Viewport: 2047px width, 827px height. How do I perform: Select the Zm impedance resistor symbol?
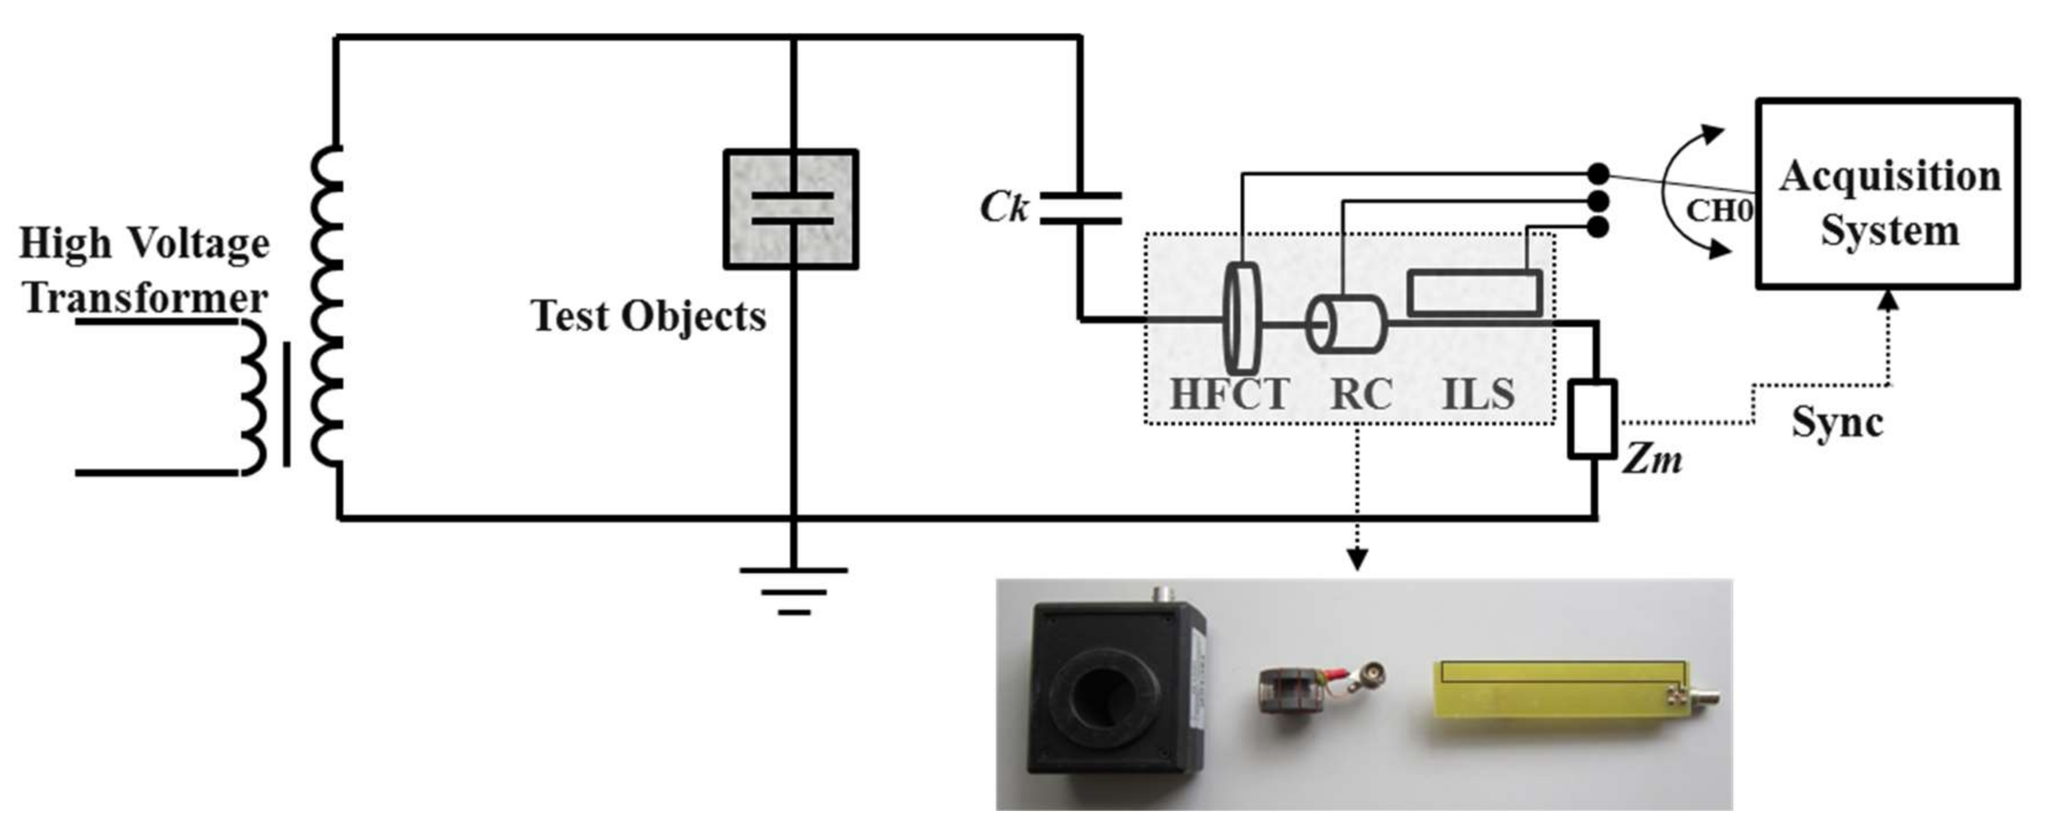1593,419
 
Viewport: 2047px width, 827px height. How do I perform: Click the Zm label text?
1651,460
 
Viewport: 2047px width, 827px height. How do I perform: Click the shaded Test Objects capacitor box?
791,209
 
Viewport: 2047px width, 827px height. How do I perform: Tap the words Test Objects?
648,316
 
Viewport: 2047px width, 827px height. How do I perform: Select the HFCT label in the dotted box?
1229,395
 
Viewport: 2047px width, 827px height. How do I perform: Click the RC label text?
1361,395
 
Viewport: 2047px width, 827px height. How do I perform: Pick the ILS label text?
1477,395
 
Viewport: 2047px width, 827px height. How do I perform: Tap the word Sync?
1837,423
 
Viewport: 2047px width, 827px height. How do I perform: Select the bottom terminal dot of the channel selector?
1598,228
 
